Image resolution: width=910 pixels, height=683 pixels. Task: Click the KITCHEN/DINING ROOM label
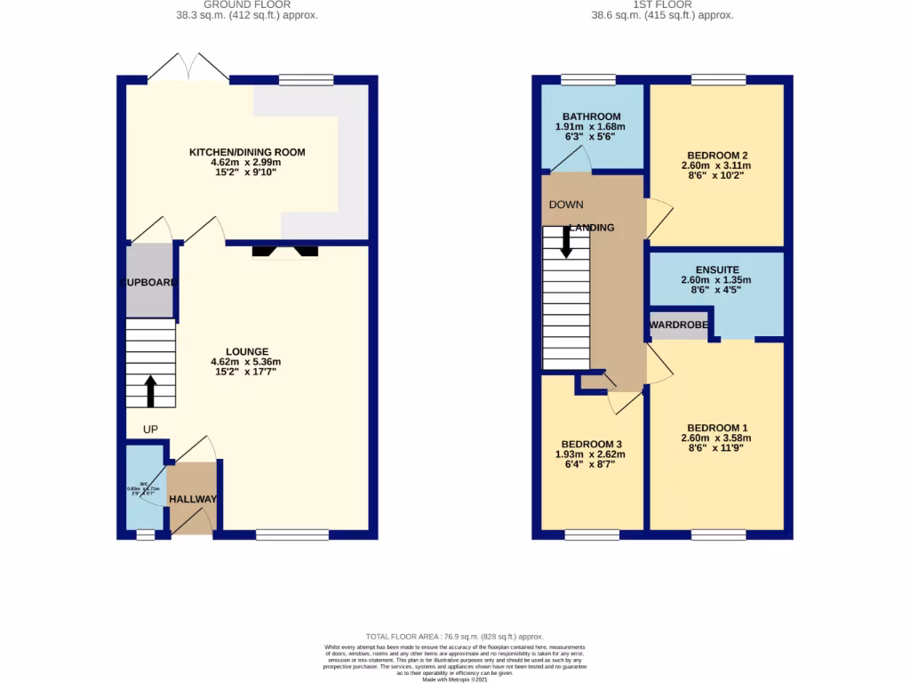click(x=247, y=152)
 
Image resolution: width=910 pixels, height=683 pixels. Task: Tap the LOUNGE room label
click(x=246, y=351)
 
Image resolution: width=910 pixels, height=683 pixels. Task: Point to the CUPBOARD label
click(x=149, y=282)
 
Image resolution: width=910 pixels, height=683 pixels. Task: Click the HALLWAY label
click(x=193, y=499)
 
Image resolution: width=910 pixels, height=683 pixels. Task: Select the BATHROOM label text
click(x=591, y=117)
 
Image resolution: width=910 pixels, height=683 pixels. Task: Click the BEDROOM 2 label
click(x=716, y=153)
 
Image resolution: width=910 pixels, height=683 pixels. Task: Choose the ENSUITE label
click(x=716, y=269)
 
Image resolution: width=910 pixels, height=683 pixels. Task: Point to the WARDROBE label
click(x=679, y=325)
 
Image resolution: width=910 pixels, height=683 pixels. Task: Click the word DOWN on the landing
click(x=566, y=205)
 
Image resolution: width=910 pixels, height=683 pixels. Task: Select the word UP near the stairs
click(x=151, y=430)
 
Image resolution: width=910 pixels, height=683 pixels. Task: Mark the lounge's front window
click(x=291, y=534)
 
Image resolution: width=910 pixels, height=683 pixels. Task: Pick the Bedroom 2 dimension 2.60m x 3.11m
click(x=716, y=165)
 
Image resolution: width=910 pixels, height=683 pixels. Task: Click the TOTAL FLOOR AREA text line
click(x=456, y=637)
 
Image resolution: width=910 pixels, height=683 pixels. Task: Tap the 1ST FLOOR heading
click(x=662, y=4)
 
